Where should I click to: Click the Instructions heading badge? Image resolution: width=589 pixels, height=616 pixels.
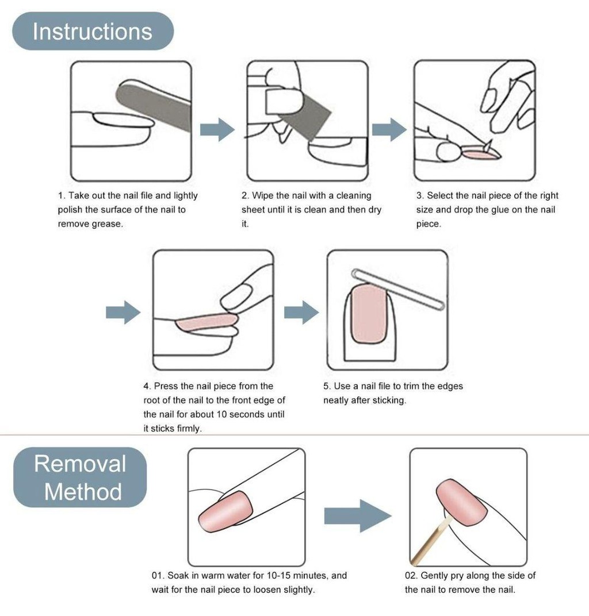(93, 31)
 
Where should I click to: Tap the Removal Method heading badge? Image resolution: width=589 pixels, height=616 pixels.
(80, 477)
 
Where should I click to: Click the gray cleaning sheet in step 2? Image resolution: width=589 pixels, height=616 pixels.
(303, 114)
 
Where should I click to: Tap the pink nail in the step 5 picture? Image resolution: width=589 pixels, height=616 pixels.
(369, 314)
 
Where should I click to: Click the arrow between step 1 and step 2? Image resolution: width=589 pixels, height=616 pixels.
(217, 129)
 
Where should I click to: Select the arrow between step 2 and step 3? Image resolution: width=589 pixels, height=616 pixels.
(389, 129)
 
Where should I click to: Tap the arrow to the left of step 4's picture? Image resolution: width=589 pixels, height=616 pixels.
(123, 313)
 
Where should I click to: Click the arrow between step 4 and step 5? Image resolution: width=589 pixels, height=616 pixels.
(301, 313)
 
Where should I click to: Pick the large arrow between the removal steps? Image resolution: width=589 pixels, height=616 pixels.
(358, 516)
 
